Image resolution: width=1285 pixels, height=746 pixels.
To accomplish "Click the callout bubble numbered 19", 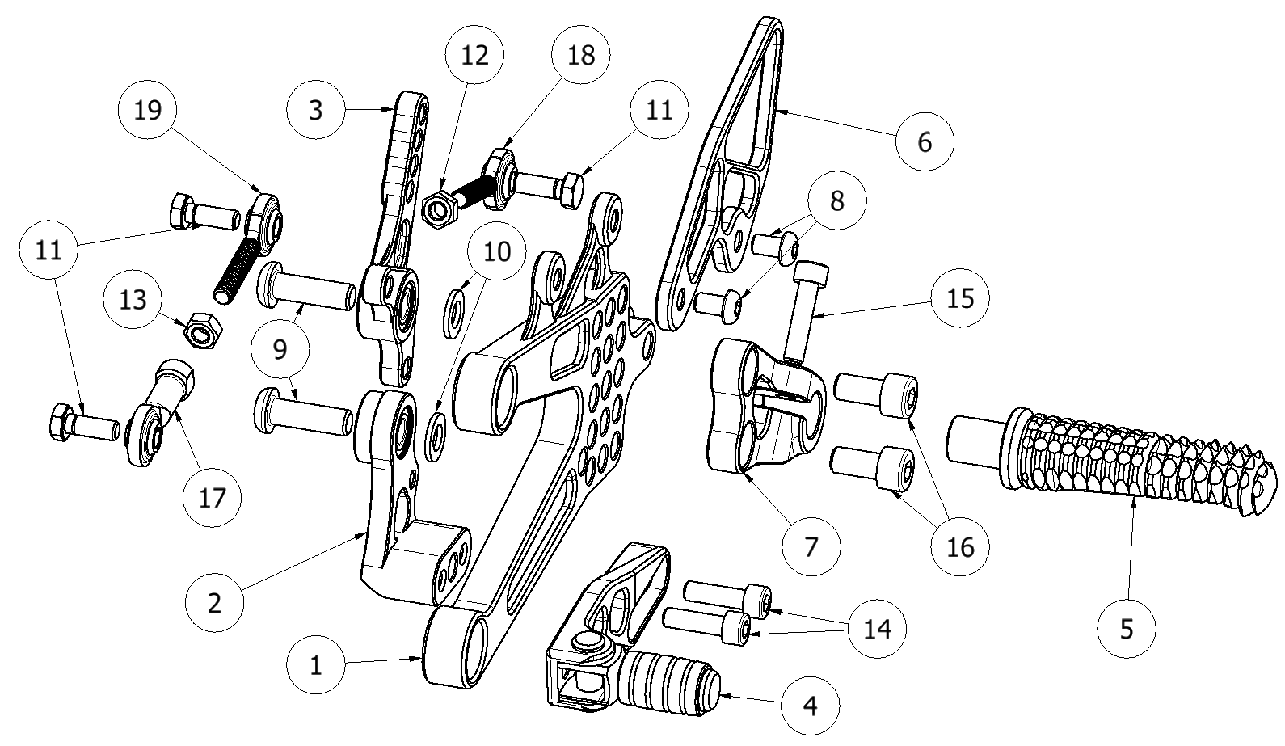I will click(147, 110).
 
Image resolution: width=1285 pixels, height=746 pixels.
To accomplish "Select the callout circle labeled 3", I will click(316, 109).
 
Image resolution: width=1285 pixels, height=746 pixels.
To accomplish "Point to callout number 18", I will click(581, 55).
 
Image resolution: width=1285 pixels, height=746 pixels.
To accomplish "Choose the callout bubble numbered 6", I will click(925, 141).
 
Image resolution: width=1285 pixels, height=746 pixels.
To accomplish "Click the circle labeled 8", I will click(836, 200).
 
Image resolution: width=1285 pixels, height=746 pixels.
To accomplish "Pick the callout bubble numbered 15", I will click(958, 298).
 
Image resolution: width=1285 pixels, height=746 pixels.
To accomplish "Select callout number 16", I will click(959, 546).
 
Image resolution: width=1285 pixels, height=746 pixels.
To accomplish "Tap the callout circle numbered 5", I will click(1127, 628).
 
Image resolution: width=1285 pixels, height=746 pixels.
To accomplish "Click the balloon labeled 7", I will click(811, 546).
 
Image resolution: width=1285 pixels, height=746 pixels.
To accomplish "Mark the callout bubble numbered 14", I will click(878, 628).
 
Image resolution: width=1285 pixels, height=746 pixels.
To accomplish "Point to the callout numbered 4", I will click(810, 706).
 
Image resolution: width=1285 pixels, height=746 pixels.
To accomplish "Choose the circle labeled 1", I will click(316, 665).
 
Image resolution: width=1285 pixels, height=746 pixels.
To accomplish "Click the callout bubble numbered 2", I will click(214, 603).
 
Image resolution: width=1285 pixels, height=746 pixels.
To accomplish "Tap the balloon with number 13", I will click(133, 300).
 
